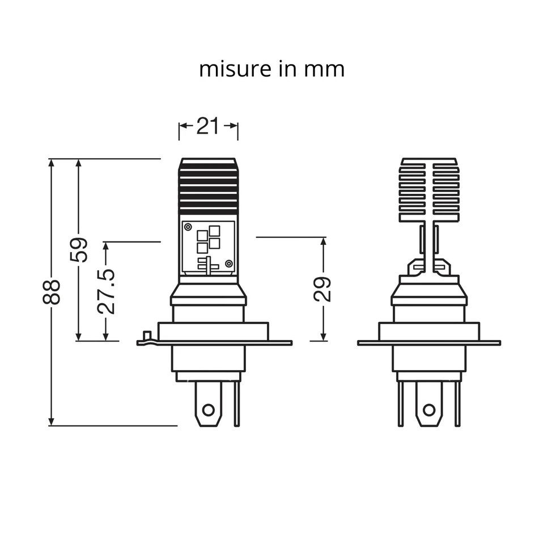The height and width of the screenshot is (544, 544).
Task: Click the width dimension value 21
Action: click(208, 126)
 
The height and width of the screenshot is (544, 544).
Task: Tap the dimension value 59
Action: click(79, 249)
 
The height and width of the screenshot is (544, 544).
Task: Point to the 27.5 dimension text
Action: click(106, 291)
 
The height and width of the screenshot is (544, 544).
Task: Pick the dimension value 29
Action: click(323, 289)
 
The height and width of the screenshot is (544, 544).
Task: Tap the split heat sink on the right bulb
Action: click(429, 190)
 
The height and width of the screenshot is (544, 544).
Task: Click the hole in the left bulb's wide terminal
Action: click(209, 409)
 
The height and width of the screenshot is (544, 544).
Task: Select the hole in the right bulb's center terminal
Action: click(429, 409)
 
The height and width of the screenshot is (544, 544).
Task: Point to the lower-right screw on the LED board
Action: click(228, 264)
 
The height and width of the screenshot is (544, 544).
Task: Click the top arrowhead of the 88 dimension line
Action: click(52, 163)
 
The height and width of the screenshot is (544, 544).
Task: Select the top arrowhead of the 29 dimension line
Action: click(323, 241)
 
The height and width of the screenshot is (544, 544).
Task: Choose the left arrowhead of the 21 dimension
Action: click(182, 126)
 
